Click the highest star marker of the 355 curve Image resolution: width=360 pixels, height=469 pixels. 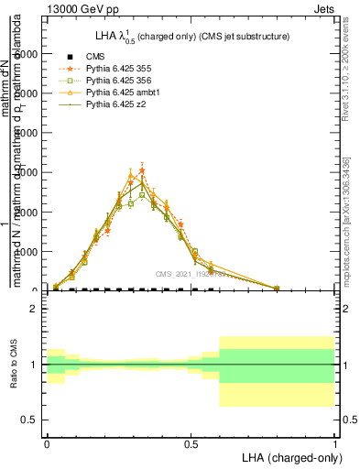[x=142, y=170]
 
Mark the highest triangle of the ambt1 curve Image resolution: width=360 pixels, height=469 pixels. [x=131, y=177]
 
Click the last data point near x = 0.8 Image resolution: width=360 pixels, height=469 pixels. [x=277, y=289]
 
